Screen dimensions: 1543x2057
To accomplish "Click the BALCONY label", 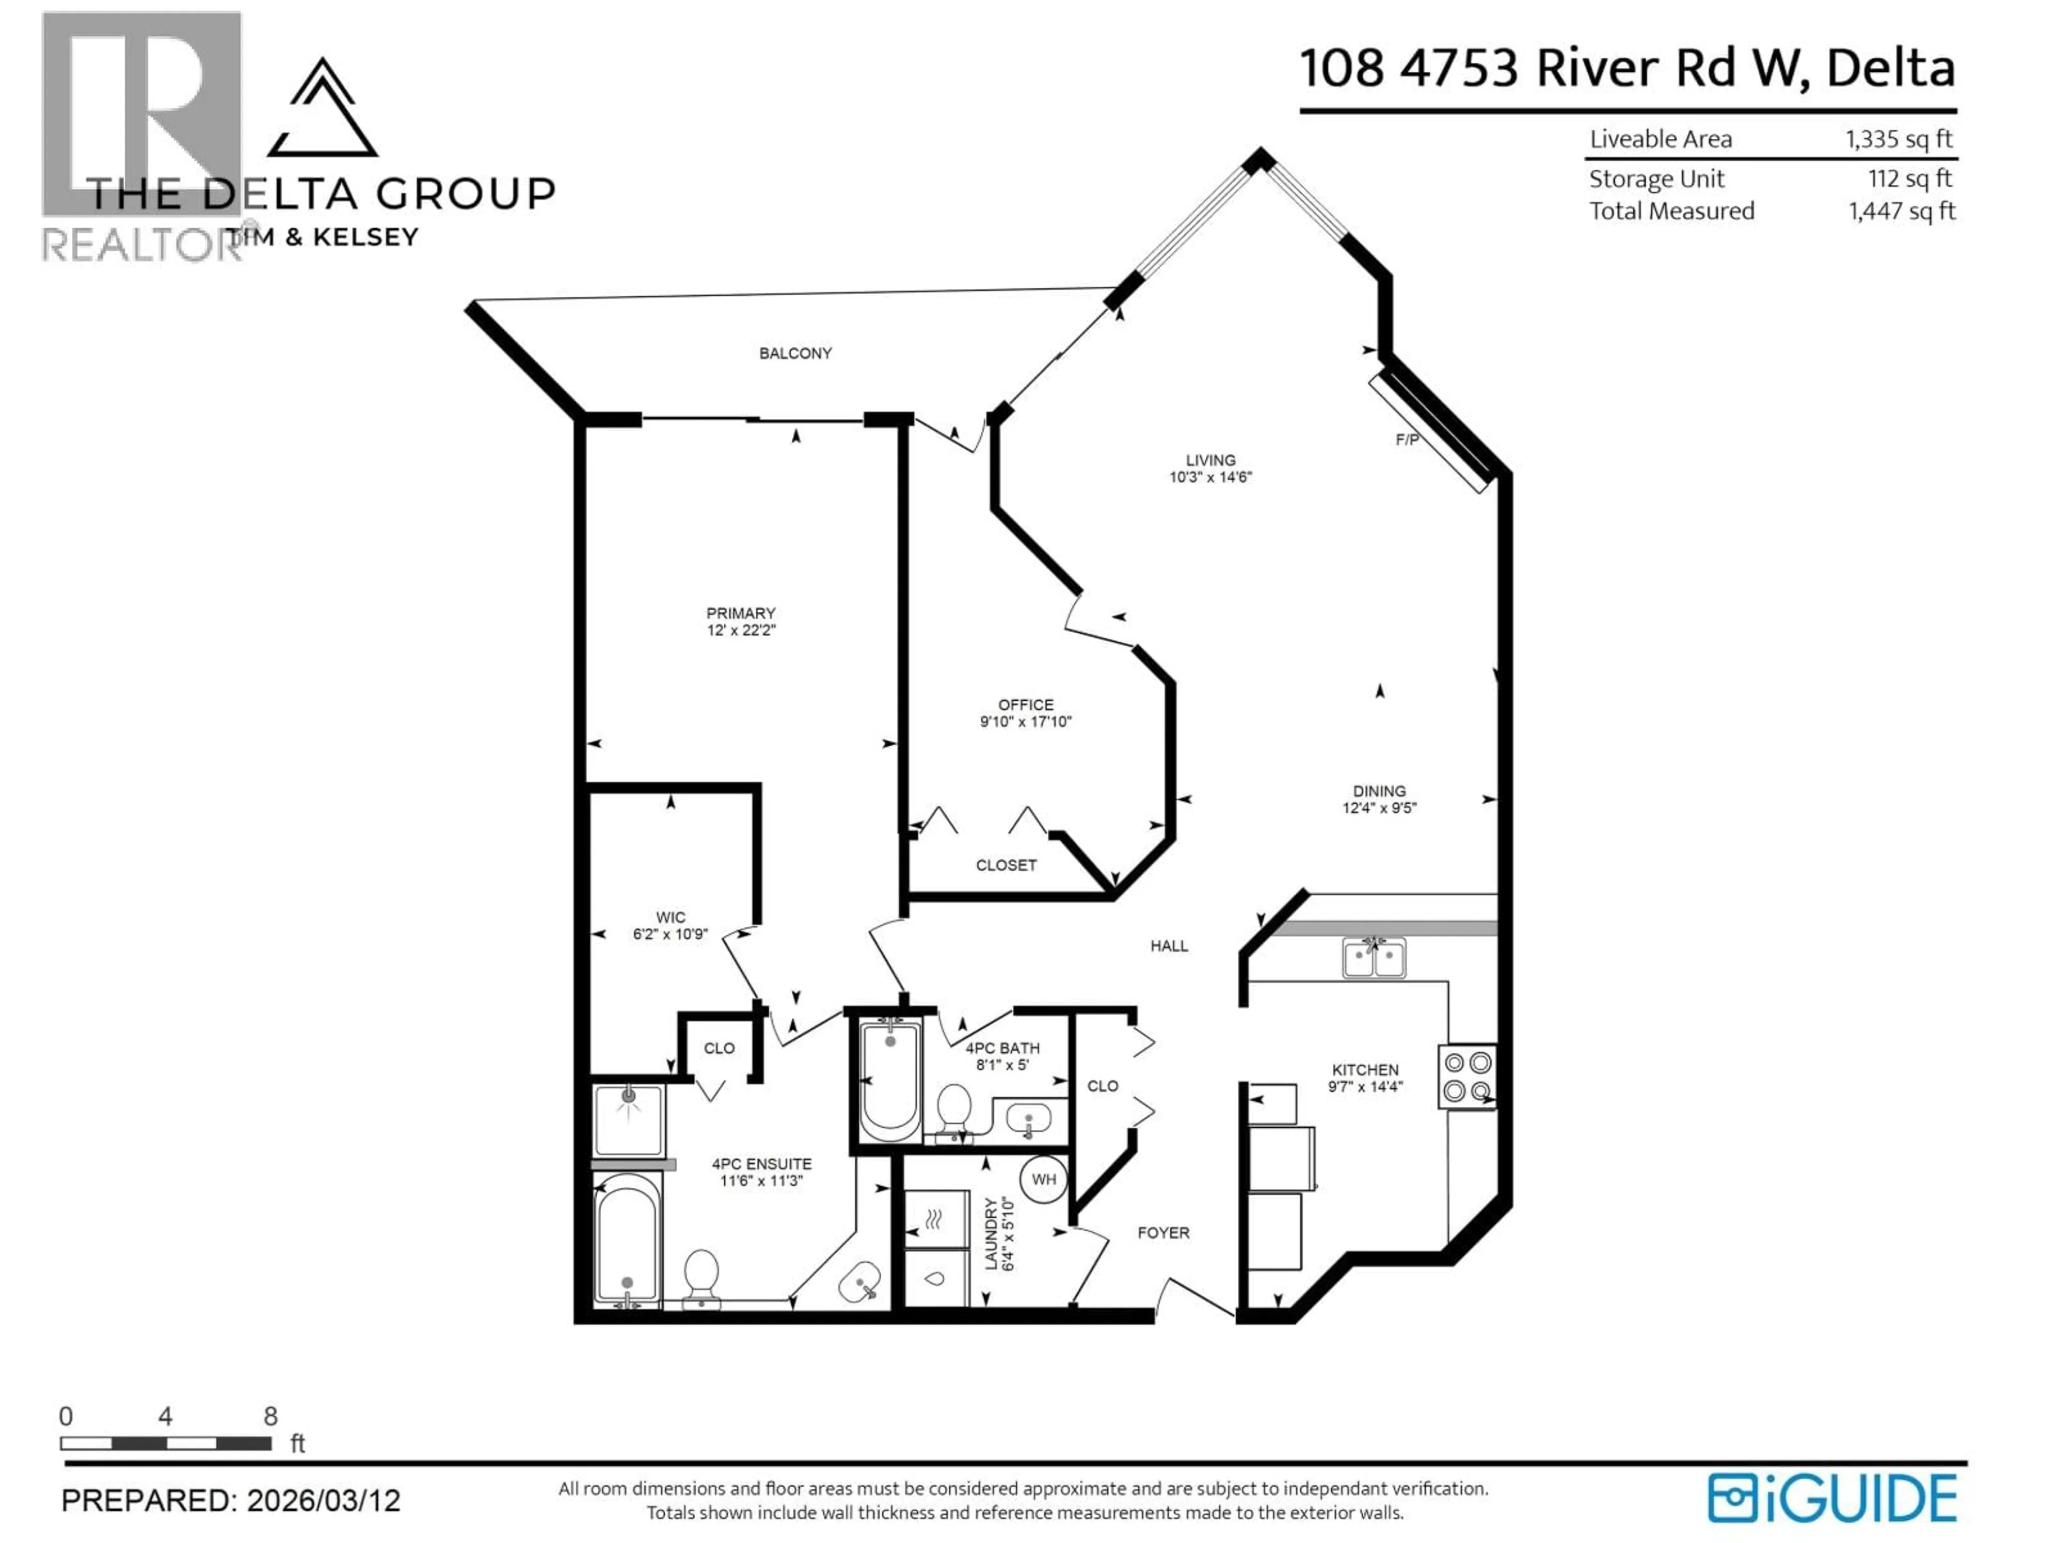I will click(x=795, y=354).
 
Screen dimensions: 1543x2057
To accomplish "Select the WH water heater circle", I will click(x=1043, y=1179).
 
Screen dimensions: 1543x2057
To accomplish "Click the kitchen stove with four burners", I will click(x=1467, y=1076).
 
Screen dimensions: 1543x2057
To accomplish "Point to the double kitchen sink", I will click(x=1373, y=958).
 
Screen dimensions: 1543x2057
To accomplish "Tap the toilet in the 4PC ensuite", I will click(x=701, y=1276).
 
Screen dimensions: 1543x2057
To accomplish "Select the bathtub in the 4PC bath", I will click(x=890, y=1079).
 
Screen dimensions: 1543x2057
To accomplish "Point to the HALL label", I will click(x=1169, y=946).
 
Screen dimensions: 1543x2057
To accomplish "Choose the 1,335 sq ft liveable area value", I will click(x=1899, y=139).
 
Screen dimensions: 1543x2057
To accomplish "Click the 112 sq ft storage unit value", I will click(x=1910, y=178).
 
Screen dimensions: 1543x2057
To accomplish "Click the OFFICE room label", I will click(x=1026, y=705).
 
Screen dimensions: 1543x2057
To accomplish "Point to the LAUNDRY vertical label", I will click(x=992, y=1233).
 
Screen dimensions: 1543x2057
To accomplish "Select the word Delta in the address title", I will click(x=1890, y=69).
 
